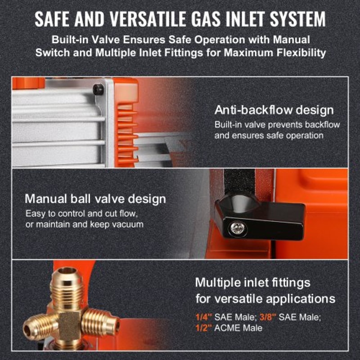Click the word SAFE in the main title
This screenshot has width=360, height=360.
coord(52,19)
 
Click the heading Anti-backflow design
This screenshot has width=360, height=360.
coord(274,110)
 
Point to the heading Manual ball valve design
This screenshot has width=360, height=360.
coord(95,199)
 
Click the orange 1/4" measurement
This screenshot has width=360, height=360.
coord(203,317)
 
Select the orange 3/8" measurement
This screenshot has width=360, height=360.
coord(267,317)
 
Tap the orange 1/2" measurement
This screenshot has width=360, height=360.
coord(203,328)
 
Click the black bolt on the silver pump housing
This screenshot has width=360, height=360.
coord(98,90)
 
